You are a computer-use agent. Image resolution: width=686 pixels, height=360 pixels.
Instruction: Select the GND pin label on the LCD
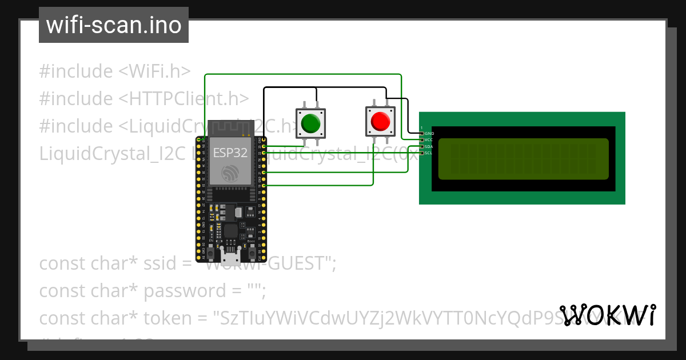point(429,133)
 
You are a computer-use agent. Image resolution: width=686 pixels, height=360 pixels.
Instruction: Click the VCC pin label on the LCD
point(429,140)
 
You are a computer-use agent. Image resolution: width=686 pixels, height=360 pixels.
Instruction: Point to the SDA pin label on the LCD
point(429,147)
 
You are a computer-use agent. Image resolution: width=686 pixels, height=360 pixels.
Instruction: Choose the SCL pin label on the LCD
point(429,153)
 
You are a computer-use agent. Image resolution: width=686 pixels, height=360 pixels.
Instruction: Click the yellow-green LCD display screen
point(523,159)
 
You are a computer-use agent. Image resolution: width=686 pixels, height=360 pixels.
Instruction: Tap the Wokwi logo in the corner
point(607,315)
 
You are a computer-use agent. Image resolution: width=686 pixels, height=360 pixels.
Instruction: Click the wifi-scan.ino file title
point(114,25)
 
